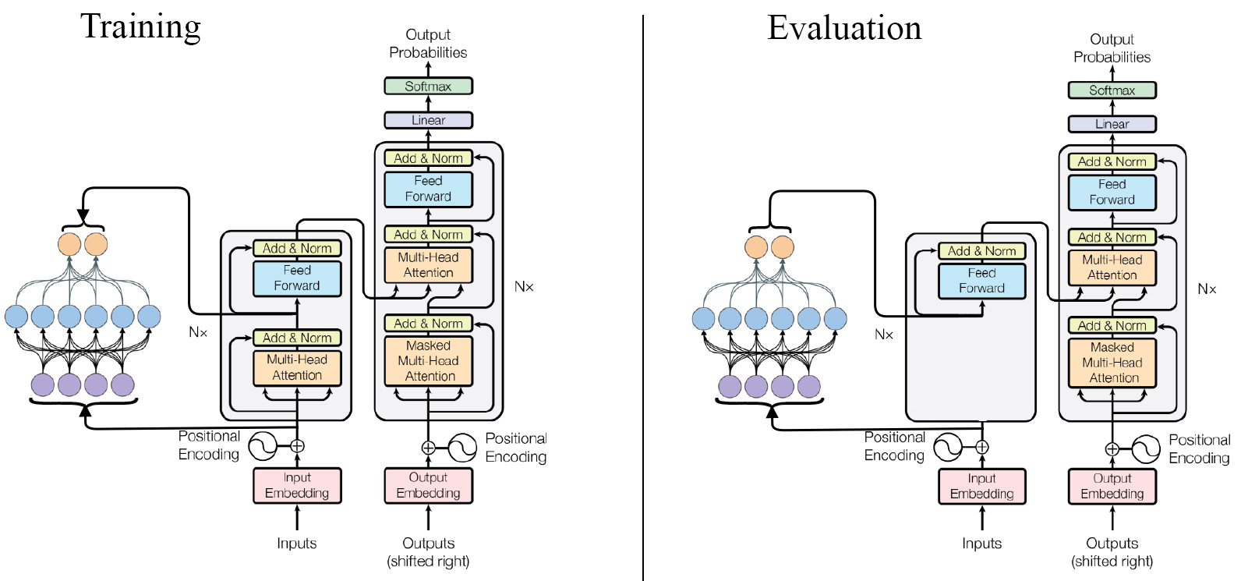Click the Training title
tap(141, 27)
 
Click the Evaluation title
tap(844, 28)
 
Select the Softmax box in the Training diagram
tap(428, 86)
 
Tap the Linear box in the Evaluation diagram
tap(1112, 124)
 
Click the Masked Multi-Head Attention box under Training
tap(428, 361)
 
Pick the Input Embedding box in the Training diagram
tap(297, 485)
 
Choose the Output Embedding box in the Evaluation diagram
tap(1112, 486)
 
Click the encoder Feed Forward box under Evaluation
tap(981, 281)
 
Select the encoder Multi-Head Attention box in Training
tap(297, 367)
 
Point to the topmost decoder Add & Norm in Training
tap(428, 158)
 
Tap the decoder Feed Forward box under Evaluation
tap(1112, 192)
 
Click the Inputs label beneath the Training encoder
tap(297, 544)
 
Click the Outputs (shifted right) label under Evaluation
tap(1112, 551)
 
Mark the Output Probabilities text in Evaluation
tap(1112, 48)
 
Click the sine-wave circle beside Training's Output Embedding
tap(462, 448)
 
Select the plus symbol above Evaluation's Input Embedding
tap(982, 447)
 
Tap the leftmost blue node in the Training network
tap(16, 317)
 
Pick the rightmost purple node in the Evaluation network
tap(809, 386)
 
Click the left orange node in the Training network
tap(69, 244)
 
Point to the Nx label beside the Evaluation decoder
tap(1207, 289)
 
